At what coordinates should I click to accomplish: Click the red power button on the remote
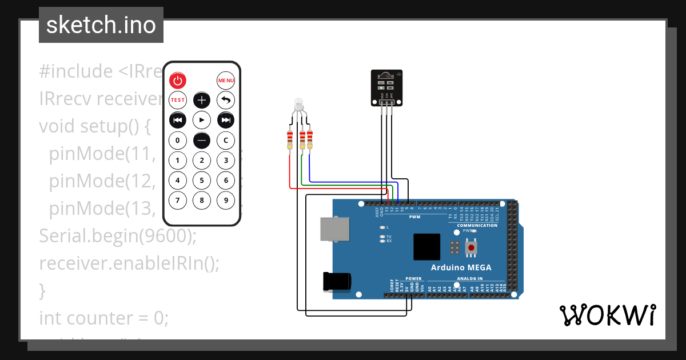tap(178, 81)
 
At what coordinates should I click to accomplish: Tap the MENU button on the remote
tap(226, 81)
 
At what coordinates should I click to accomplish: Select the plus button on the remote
tap(202, 100)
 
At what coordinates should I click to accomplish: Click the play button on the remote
tap(202, 120)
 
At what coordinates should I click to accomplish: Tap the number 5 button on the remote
tap(202, 181)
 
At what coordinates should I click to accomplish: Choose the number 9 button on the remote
tap(226, 201)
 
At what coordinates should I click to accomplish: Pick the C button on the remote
tap(226, 140)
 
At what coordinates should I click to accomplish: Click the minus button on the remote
tap(202, 140)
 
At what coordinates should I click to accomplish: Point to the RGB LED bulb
tap(298, 105)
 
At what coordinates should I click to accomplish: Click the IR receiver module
tap(386, 87)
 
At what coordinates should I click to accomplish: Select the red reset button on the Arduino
tap(471, 247)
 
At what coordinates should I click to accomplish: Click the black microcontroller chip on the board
tap(426, 247)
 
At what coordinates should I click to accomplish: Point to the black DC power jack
tap(337, 282)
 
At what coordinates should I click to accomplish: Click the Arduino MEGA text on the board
tap(460, 267)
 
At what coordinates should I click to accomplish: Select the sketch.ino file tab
tap(101, 25)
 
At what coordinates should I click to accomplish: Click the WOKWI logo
tap(607, 315)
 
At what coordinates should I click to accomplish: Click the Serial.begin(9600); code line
tap(118, 235)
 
